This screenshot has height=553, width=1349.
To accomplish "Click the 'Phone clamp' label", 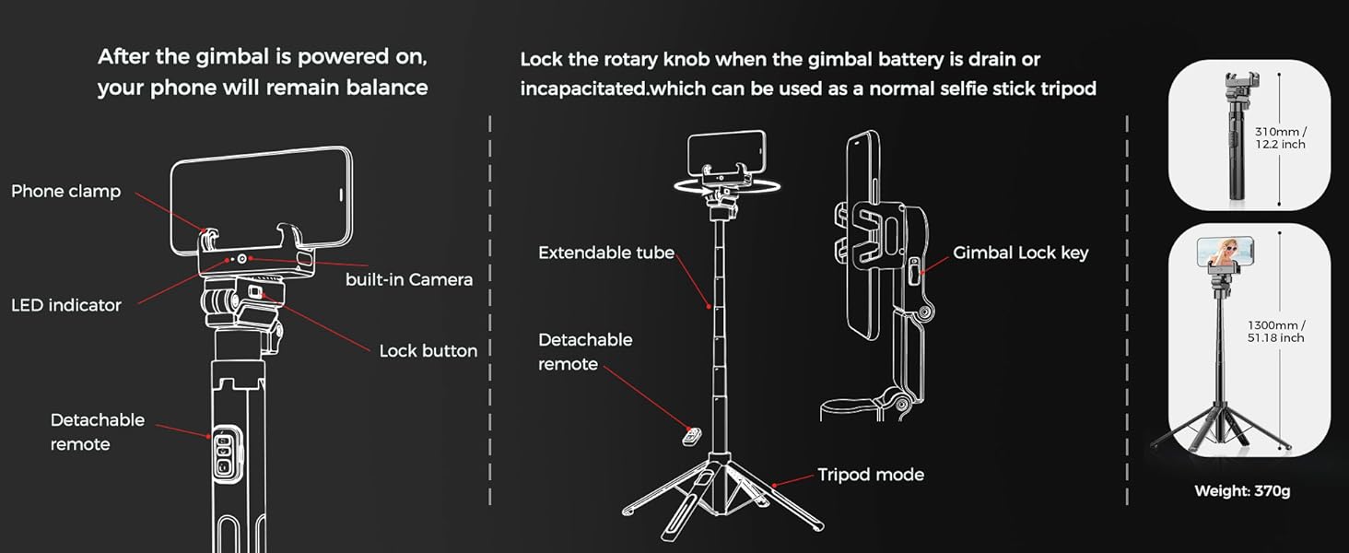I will pyautogui.click(x=65, y=192).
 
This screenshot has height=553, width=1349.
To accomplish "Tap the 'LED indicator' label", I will pyautogui.click(x=65, y=305).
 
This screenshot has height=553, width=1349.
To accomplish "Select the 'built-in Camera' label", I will pyautogui.click(x=408, y=280).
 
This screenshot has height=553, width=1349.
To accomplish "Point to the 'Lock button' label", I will pyautogui.click(x=428, y=351).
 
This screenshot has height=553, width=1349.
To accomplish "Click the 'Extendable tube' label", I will pyautogui.click(x=606, y=253).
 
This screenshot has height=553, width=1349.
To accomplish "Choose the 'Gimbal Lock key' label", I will pyautogui.click(x=1020, y=253).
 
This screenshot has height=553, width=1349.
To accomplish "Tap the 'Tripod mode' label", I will pyautogui.click(x=870, y=476).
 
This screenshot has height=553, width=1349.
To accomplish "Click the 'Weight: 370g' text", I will pyautogui.click(x=1242, y=491).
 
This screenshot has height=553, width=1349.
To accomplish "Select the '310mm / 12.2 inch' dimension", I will pyautogui.click(x=1280, y=138).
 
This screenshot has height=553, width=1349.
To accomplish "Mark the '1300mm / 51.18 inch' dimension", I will pyautogui.click(x=1276, y=332).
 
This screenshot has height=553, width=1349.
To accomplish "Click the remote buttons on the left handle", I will pyautogui.click(x=223, y=453).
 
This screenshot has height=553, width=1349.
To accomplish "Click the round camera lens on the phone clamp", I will pyautogui.click(x=241, y=261).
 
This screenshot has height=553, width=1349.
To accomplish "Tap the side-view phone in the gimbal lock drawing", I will pyautogui.click(x=862, y=235).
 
